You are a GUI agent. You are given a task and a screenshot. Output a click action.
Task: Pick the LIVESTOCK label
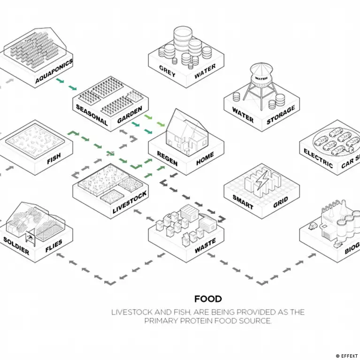130,202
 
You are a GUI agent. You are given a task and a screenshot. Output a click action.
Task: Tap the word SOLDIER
16,245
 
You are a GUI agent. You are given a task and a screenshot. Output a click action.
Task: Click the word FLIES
54,246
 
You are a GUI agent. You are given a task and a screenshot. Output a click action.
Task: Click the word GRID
280,202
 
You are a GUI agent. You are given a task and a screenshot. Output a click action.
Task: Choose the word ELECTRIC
318,158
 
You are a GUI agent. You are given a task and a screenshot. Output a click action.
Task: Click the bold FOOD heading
208,299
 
